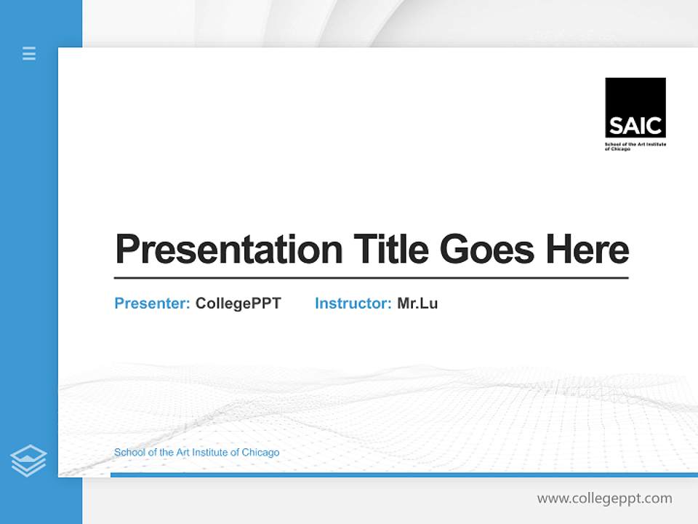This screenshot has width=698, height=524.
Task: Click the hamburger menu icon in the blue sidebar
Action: point(29,53)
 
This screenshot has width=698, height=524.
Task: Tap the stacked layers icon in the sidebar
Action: point(28,461)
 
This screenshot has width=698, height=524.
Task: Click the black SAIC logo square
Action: point(635,107)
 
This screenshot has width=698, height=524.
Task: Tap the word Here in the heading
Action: point(587,250)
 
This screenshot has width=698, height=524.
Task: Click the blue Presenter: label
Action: point(152,303)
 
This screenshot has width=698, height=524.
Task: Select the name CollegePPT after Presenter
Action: point(238,303)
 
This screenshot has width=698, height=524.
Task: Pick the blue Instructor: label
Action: point(353,303)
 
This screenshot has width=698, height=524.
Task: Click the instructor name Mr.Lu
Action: point(417,303)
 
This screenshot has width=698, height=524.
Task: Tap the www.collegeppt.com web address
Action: point(604,499)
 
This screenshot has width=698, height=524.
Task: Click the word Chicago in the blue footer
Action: point(260,453)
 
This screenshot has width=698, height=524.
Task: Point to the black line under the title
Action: point(371,277)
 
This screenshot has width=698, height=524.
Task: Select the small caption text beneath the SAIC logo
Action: point(635,146)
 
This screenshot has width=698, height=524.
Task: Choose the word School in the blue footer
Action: point(128,453)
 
